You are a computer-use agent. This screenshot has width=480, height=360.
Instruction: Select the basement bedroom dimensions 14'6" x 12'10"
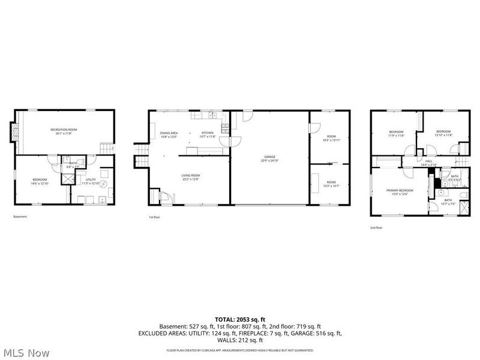point(40,182)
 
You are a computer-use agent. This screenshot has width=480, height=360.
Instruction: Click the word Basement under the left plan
point(20,217)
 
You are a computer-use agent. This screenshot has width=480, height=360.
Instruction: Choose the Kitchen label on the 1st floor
point(207,133)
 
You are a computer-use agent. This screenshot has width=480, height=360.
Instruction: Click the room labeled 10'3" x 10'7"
point(331,183)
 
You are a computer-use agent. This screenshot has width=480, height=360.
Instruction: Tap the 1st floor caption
point(155,217)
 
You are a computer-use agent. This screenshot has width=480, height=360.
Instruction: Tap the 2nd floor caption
point(376,227)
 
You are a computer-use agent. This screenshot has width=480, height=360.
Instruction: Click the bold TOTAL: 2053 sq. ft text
point(240,319)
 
